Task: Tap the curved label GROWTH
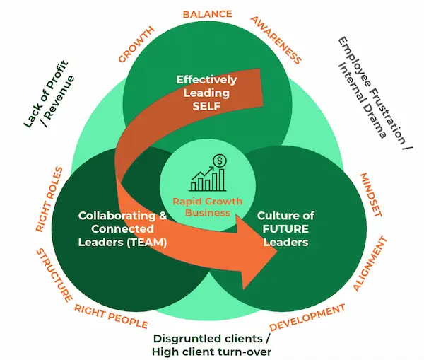(136, 45)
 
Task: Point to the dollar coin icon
(220, 162)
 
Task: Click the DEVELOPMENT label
(308, 317)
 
